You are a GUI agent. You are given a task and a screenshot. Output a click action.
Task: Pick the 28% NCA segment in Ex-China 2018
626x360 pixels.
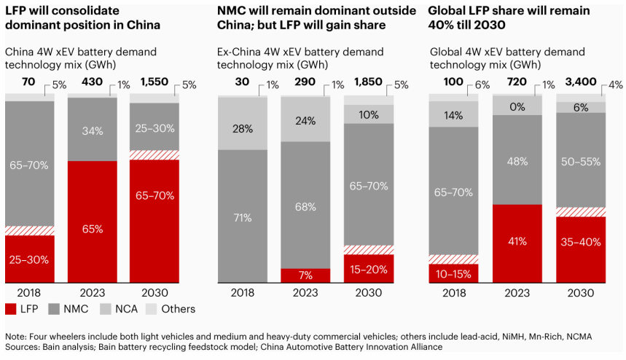(x=243, y=129)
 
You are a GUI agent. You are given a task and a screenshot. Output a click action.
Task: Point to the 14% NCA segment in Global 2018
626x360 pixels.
(x=453, y=114)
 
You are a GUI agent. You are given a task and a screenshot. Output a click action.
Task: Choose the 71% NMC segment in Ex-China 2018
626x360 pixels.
(x=243, y=216)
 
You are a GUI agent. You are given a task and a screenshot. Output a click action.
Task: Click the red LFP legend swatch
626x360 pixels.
(x=12, y=309)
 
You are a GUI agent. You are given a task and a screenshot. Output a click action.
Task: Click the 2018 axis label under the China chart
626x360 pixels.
(x=31, y=292)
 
